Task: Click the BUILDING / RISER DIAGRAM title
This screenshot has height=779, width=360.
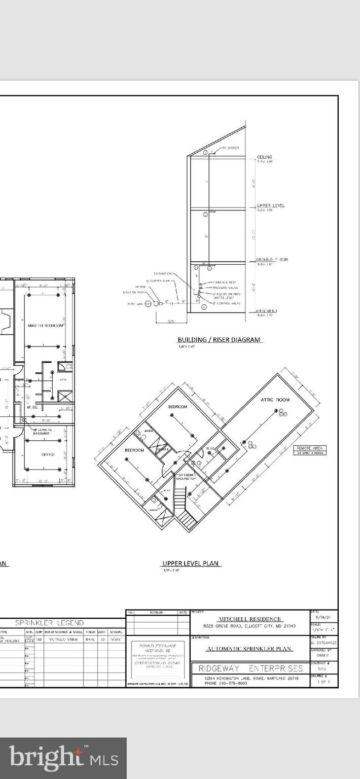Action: pos(220,340)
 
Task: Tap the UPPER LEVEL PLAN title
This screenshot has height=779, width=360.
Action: pos(192,563)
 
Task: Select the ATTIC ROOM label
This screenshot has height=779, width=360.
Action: pos(275,400)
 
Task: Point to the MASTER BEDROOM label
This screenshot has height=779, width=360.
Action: pos(46,326)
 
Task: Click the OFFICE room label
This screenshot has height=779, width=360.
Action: pos(48,454)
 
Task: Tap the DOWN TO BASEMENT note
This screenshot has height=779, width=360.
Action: pos(42,432)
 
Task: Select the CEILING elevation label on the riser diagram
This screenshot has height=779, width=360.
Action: pos(265,157)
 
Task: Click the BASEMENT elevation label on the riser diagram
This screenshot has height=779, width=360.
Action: pos(266,311)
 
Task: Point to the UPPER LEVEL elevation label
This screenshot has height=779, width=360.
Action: pos(270,206)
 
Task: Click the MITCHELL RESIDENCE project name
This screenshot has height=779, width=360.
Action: pos(249,619)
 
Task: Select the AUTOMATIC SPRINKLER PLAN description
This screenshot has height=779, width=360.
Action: pos(249,648)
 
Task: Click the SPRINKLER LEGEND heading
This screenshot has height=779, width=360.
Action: pos(56,622)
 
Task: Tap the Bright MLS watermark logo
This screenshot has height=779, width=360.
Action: pos(63,758)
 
